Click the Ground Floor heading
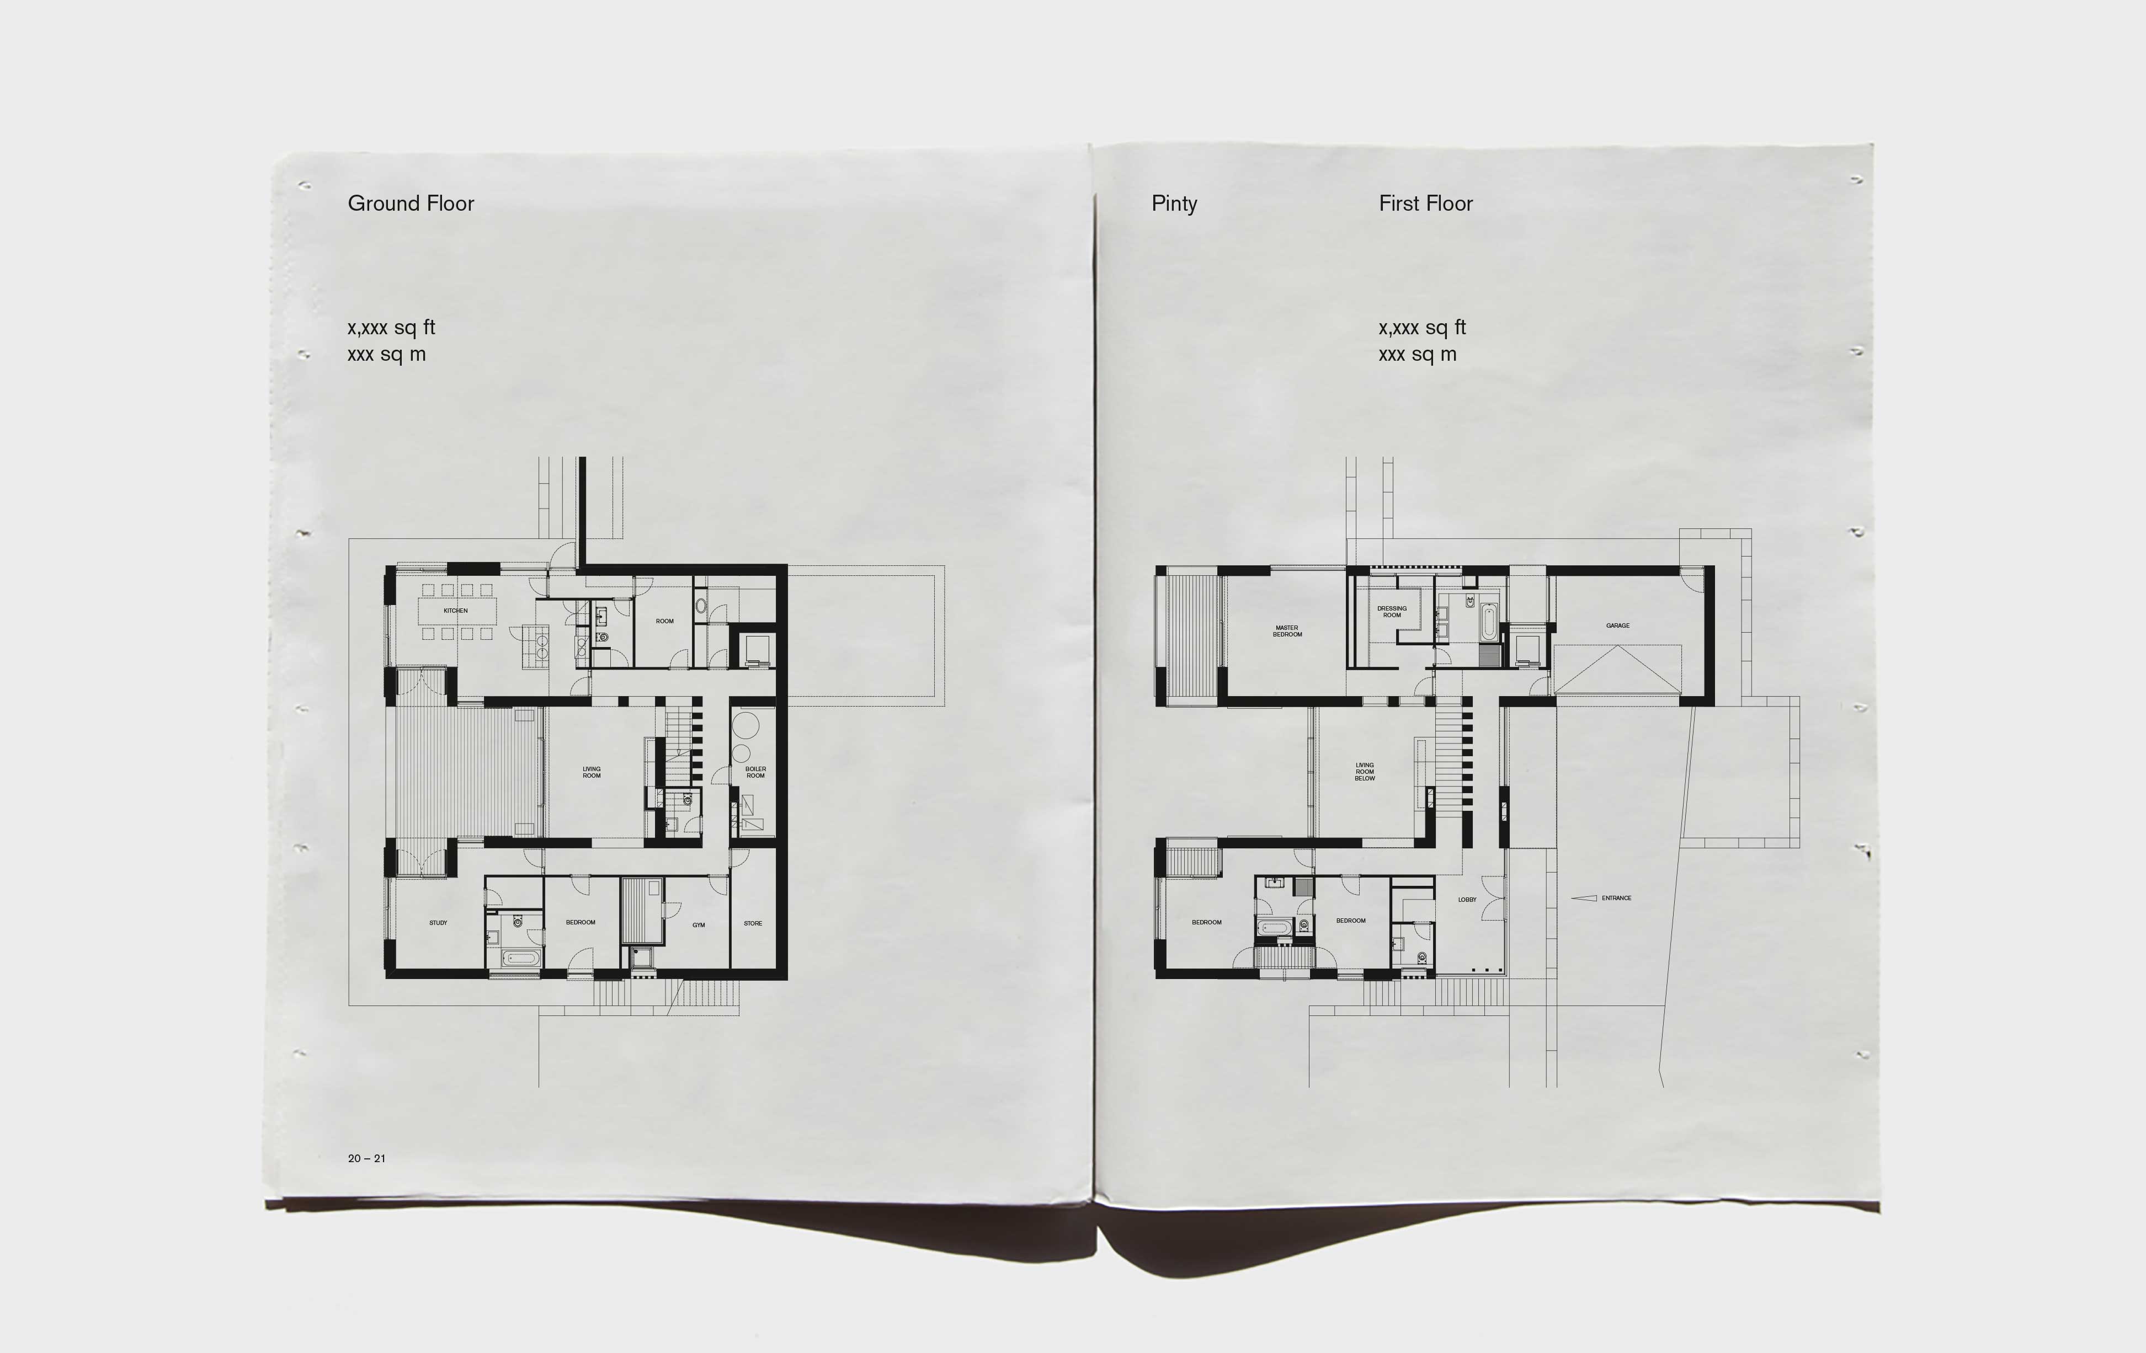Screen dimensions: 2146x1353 pyautogui.click(x=411, y=203)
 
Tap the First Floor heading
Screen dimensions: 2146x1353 pyautogui.click(x=1426, y=203)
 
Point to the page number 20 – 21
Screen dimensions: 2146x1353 pyautogui.click(x=367, y=1158)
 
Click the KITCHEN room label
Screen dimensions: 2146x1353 pyautogui.click(x=455, y=610)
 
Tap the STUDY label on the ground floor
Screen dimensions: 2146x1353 pyautogui.click(x=439, y=923)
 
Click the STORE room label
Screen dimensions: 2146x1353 pyautogui.click(x=753, y=923)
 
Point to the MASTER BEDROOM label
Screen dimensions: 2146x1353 pyautogui.click(x=1287, y=630)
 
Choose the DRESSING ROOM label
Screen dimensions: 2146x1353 pyautogui.click(x=1392, y=612)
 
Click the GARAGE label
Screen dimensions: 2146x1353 pyautogui.click(x=1617, y=625)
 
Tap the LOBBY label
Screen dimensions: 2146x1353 pyautogui.click(x=1467, y=900)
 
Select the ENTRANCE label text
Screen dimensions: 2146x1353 pyautogui.click(x=1617, y=898)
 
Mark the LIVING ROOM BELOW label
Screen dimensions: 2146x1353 pyautogui.click(x=1365, y=771)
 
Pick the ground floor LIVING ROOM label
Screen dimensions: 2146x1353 pyautogui.click(x=592, y=772)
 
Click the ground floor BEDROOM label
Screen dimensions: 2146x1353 pyautogui.click(x=580, y=922)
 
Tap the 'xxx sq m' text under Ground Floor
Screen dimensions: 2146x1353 pyautogui.click(x=387, y=355)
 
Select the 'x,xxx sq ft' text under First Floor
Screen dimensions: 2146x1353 pyautogui.click(x=1423, y=328)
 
